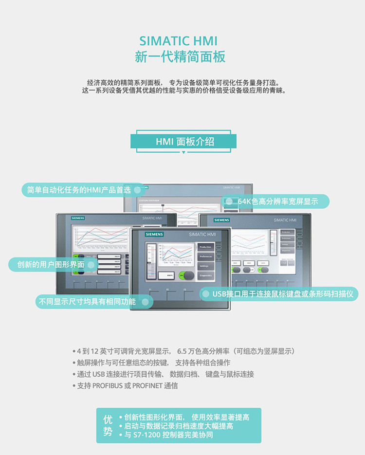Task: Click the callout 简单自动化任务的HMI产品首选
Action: point(83,190)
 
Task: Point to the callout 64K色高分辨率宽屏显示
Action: point(276,201)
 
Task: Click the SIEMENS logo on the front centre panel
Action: point(154,235)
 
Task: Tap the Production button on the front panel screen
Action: point(205,247)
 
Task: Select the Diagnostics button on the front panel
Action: point(205,275)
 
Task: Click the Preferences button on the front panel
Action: point(205,256)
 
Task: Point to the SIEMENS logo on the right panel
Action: point(221,220)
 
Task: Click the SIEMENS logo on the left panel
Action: point(78,218)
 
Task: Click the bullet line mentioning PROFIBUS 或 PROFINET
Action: point(125,386)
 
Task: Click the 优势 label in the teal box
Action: point(108,425)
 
